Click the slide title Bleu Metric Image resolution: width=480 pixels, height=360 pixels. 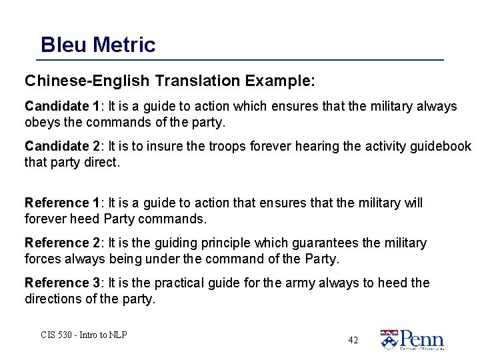(98, 45)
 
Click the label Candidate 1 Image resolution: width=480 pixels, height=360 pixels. (61, 106)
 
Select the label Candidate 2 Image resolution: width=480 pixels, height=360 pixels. (61, 146)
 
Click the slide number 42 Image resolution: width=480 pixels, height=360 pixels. (353, 340)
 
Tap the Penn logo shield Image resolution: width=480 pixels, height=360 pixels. (389, 339)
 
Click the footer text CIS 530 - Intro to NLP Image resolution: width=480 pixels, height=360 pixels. (83, 335)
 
